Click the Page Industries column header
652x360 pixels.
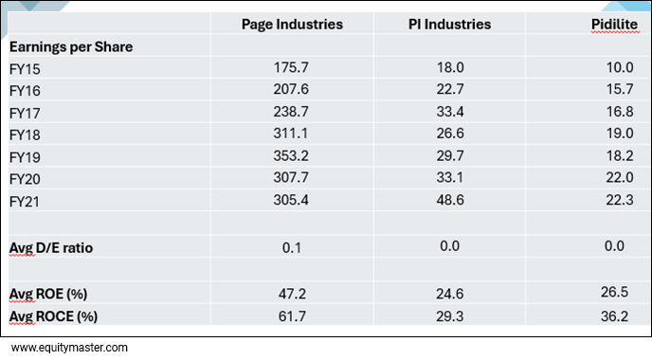tap(292, 24)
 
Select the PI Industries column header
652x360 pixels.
tap(448, 24)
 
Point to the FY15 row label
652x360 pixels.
tap(25, 69)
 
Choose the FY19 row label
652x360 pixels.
tap(25, 156)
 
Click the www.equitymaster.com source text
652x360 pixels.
tap(68, 348)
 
